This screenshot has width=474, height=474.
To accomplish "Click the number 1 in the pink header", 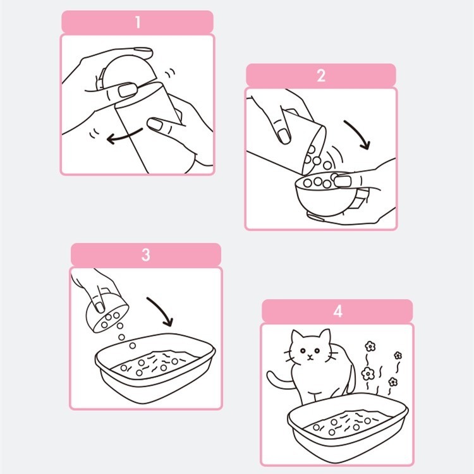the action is click(x=138, y=22).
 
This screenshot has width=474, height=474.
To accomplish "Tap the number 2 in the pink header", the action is click(x=321, y=76).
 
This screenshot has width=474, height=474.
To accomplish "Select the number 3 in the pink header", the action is click(x=146, y=255).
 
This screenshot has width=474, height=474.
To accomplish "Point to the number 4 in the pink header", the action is click(x=337, y=311).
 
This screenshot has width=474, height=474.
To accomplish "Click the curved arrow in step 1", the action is click(x=123, y=137).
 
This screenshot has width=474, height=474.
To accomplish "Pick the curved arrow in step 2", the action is click(x=359, y=133).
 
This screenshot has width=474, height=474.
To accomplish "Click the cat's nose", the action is click(x=309, y=356).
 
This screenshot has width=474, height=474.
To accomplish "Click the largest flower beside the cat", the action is click(x=368, y=374).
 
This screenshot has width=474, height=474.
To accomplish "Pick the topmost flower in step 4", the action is click(x=370, y=346).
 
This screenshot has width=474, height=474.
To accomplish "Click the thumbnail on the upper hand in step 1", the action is click(x=126, y=90).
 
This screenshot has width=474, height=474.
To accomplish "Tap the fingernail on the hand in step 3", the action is click(x=99, y=307).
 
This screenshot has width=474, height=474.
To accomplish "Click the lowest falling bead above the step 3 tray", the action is click(x=133, y=345).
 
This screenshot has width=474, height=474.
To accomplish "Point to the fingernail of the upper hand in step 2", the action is click(x=284, y=136).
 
